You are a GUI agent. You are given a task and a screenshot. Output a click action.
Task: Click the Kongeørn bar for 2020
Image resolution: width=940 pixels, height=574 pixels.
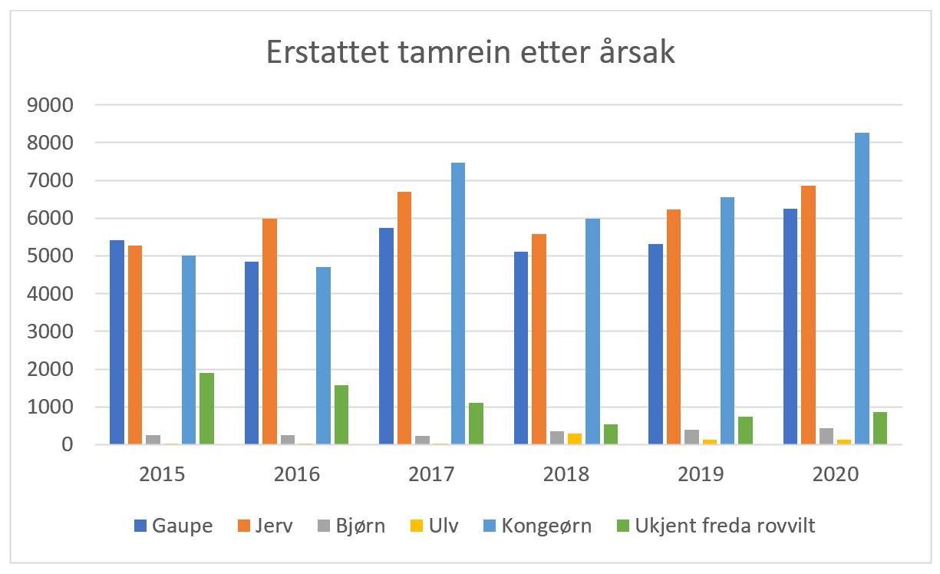tap(862, 289)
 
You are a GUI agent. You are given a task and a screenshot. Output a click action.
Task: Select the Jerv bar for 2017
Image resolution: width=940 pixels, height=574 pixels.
tap(404, 318)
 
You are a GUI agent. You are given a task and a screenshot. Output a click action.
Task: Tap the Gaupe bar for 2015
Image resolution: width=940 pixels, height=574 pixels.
tap(117, 342)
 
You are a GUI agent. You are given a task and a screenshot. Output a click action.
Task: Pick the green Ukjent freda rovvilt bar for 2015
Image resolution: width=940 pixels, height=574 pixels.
tap(206, 408)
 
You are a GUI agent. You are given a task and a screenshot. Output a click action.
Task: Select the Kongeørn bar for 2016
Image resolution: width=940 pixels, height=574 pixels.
tap(323, 355)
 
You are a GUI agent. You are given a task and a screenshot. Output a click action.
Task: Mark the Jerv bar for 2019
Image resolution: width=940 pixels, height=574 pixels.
tap(674, 327)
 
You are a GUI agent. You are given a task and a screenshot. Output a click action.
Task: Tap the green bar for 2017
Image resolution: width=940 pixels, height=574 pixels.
tap(476, 424)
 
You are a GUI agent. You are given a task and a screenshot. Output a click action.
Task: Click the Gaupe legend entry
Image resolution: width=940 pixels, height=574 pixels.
tap(173, 526)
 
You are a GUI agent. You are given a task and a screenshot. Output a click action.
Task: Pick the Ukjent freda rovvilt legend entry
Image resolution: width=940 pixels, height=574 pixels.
tap(717, 526)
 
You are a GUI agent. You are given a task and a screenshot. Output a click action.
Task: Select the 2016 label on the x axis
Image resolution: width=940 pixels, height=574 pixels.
tap(296, 473)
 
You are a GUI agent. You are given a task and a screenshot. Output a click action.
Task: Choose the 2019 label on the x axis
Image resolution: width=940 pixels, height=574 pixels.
tap(701, 473)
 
